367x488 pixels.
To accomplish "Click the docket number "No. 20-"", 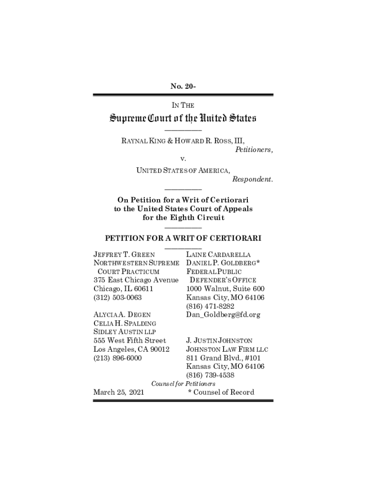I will [183, 86].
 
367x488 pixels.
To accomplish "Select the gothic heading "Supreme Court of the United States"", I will [183, 117].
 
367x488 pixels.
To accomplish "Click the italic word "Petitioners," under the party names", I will [254, 149].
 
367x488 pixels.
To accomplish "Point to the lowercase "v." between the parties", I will [183, 158].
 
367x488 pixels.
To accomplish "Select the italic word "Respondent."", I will [253, 179].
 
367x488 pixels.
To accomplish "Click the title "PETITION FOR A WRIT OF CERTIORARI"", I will [183, 238].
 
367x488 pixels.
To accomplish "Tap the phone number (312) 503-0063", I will [118, 297].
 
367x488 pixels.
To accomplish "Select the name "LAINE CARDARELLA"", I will [218, 254].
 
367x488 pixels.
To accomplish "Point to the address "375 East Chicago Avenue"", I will [136, 280].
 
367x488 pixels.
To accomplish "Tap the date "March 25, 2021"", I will [120, 392].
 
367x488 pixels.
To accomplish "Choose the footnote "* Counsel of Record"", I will [221, 392].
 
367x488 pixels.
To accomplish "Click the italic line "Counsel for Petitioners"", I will [183, 384].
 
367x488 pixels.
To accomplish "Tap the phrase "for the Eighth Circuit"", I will [183, 218].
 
